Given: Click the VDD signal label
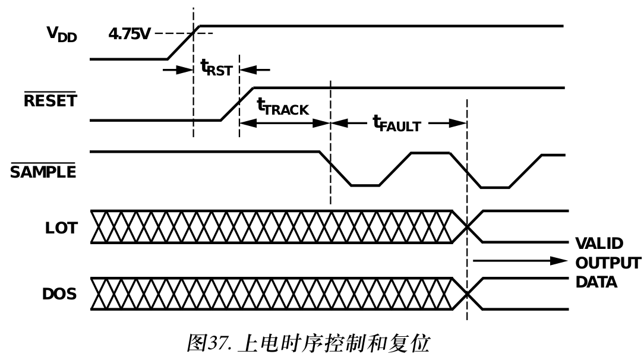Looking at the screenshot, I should [62, 34].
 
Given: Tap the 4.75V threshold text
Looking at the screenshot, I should [129, 33].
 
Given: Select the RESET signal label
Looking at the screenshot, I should [50, 100].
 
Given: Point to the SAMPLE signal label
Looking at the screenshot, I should [43, 172].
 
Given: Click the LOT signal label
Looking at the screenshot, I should [61, 228].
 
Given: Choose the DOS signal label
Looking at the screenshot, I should [59, 293].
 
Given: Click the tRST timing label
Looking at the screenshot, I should [216, 69].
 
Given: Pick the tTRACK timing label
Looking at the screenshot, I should [283, 107].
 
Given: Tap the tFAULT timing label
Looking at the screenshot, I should [396, 124].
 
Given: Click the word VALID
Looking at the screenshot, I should [599, 244].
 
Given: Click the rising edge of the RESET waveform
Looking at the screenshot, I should [238, 104].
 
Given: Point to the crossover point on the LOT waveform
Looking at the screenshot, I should [468, 226].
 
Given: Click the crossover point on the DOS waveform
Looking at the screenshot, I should [468, 294].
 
